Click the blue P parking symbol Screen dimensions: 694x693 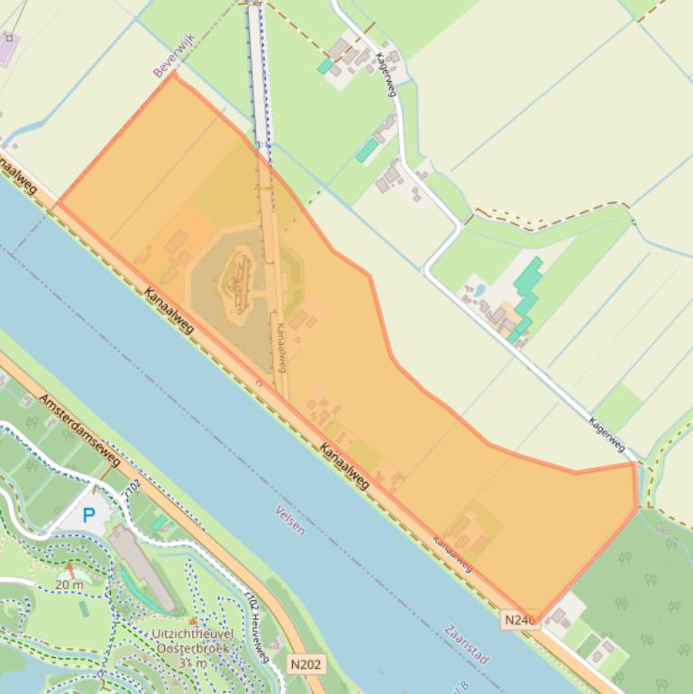[88, 516]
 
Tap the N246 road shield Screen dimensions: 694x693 [520, 619]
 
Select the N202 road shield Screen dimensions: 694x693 [306, 664]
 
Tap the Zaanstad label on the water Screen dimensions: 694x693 [467, 644]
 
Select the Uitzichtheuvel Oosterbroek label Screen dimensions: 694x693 [193, 642]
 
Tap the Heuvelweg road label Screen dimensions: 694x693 [258, 631]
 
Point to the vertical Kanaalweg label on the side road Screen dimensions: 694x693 [281, 348]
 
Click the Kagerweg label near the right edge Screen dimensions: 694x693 [607, 434]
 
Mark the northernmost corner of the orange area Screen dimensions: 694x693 [173, 73]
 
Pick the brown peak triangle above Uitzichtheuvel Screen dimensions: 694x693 [193, 620]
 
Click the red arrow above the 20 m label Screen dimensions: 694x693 [70, 570]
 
